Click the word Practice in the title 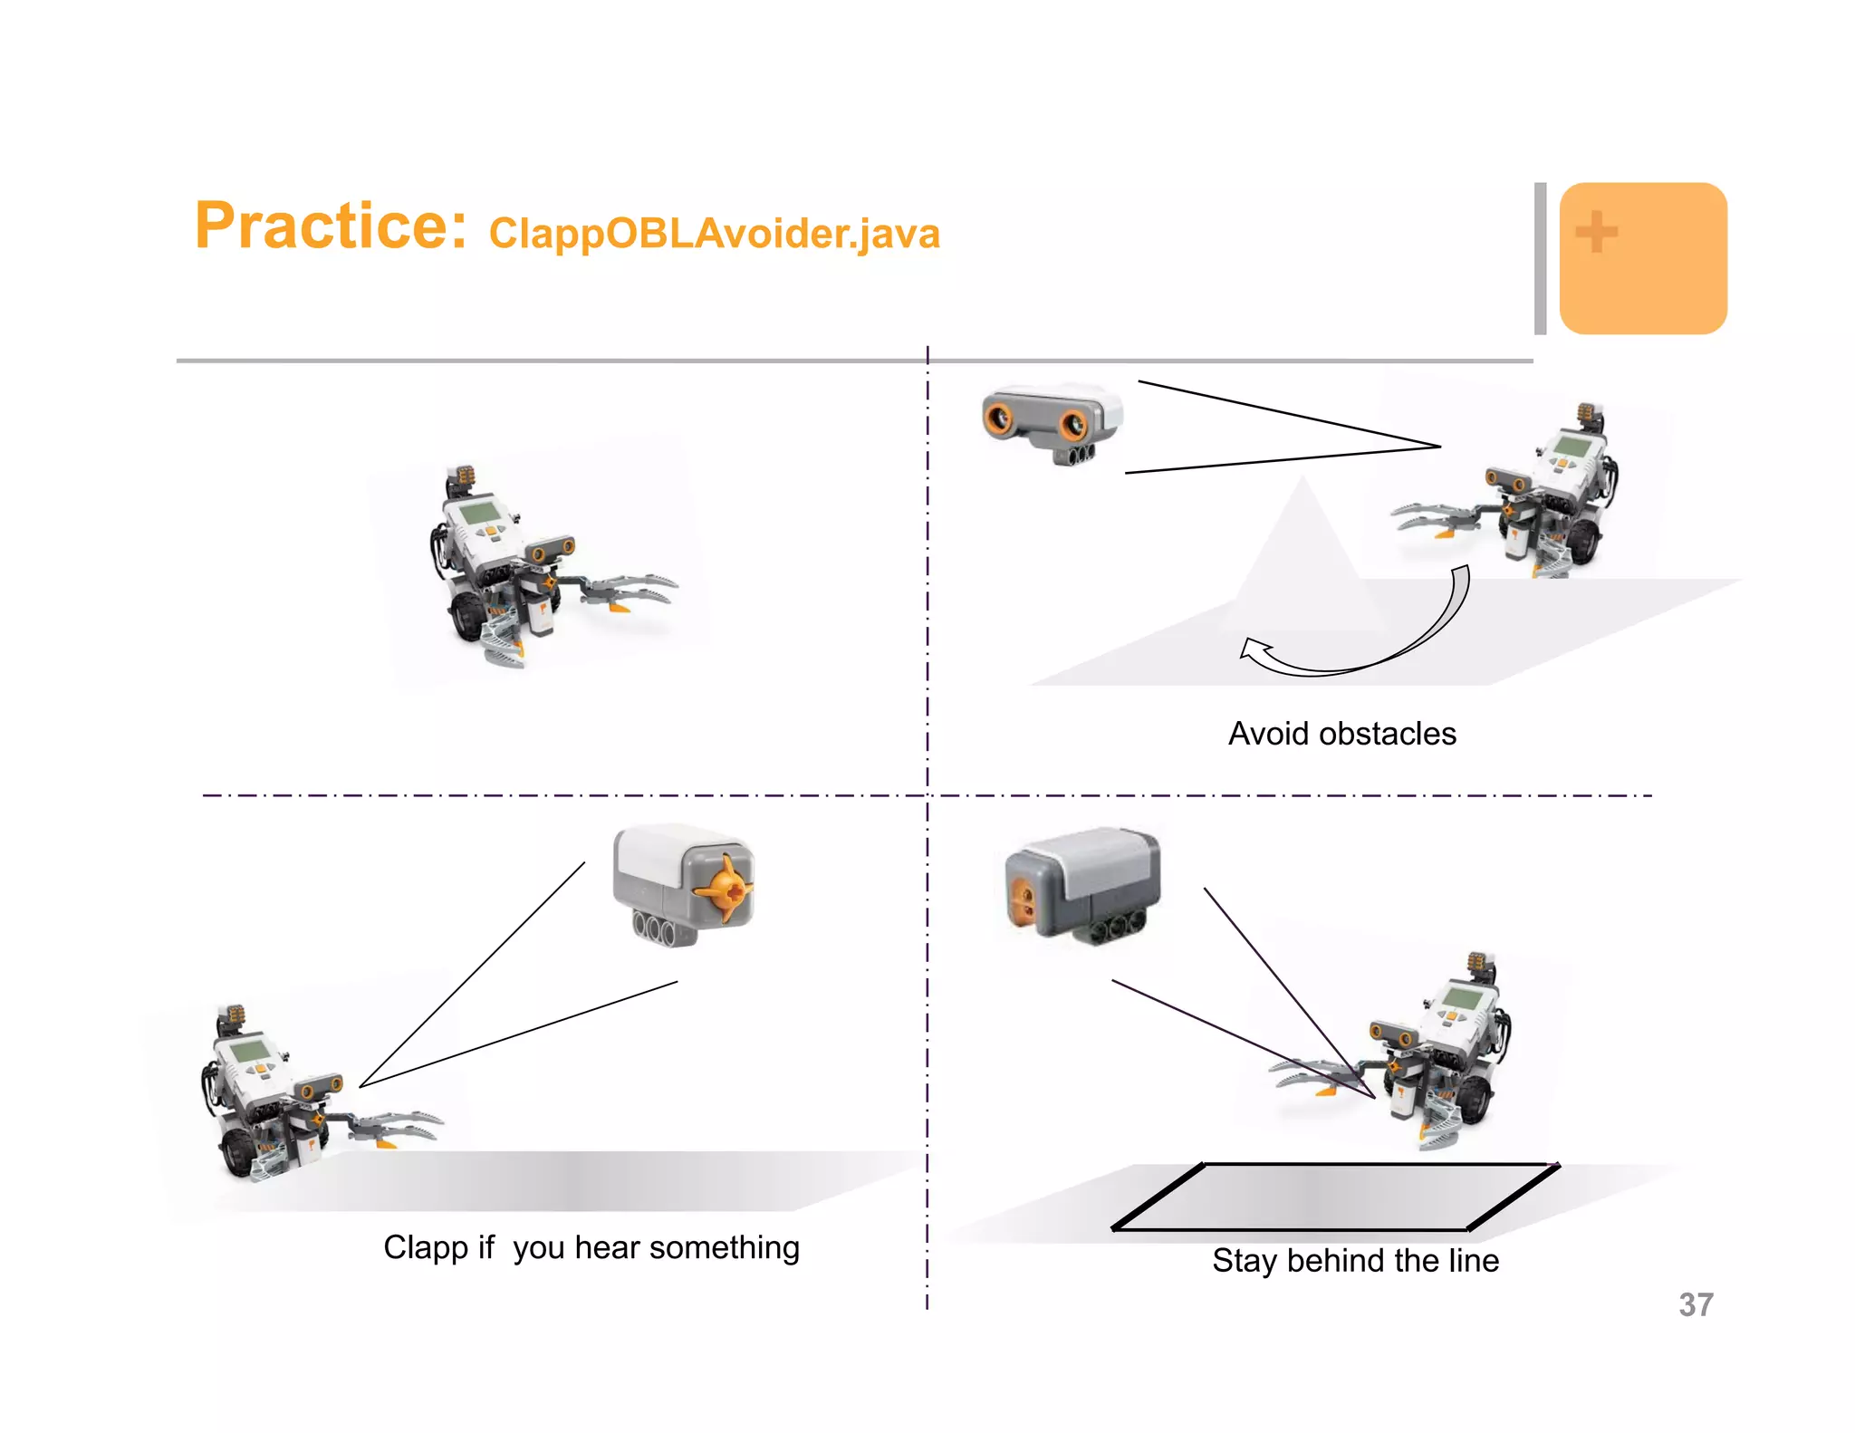[331, 226]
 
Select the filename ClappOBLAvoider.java [714, 234]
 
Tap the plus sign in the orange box [1596, 232]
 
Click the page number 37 [1696, 1304]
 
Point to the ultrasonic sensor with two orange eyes [1051, 422]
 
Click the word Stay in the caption [1245, 1260]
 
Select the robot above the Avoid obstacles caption [1531, 498]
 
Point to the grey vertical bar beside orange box [1540, 258]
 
